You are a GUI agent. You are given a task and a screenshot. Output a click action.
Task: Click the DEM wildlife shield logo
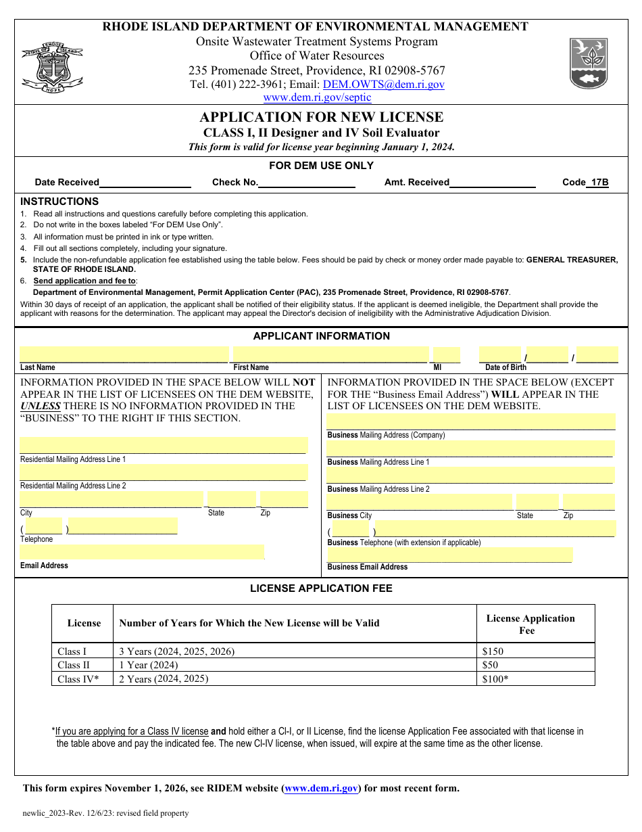coord(589,63)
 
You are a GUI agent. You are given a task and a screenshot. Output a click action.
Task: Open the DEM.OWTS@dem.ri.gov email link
coord(383,85)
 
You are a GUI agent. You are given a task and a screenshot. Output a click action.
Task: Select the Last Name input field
coord(124,354)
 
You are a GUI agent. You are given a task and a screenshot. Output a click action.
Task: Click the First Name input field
coord(330,354)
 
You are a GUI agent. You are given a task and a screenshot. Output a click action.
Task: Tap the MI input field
coord(446,354)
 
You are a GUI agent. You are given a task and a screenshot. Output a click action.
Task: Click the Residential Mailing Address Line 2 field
coord(163,472)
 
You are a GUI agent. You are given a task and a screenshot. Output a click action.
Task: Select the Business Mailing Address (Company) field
coord(471,421)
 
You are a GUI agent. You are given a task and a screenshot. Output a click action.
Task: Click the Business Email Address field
coord(449,555)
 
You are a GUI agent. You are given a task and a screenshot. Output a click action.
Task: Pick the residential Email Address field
coord(142,552)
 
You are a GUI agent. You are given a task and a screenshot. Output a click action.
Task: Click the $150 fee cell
coord(493,651)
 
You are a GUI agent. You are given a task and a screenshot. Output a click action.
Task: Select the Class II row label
coord(74,665)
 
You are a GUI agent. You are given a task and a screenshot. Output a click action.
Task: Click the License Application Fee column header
coord(530,624)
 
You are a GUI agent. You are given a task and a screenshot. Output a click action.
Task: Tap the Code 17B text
coord(585,182)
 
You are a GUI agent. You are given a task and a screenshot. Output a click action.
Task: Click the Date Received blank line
coord(145,183)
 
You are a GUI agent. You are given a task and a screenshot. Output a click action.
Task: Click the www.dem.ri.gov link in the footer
coord(321,788)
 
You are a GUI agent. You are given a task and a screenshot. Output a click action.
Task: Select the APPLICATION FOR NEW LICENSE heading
coord(322,117)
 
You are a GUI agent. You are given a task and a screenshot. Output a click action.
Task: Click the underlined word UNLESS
coord(41,406)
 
